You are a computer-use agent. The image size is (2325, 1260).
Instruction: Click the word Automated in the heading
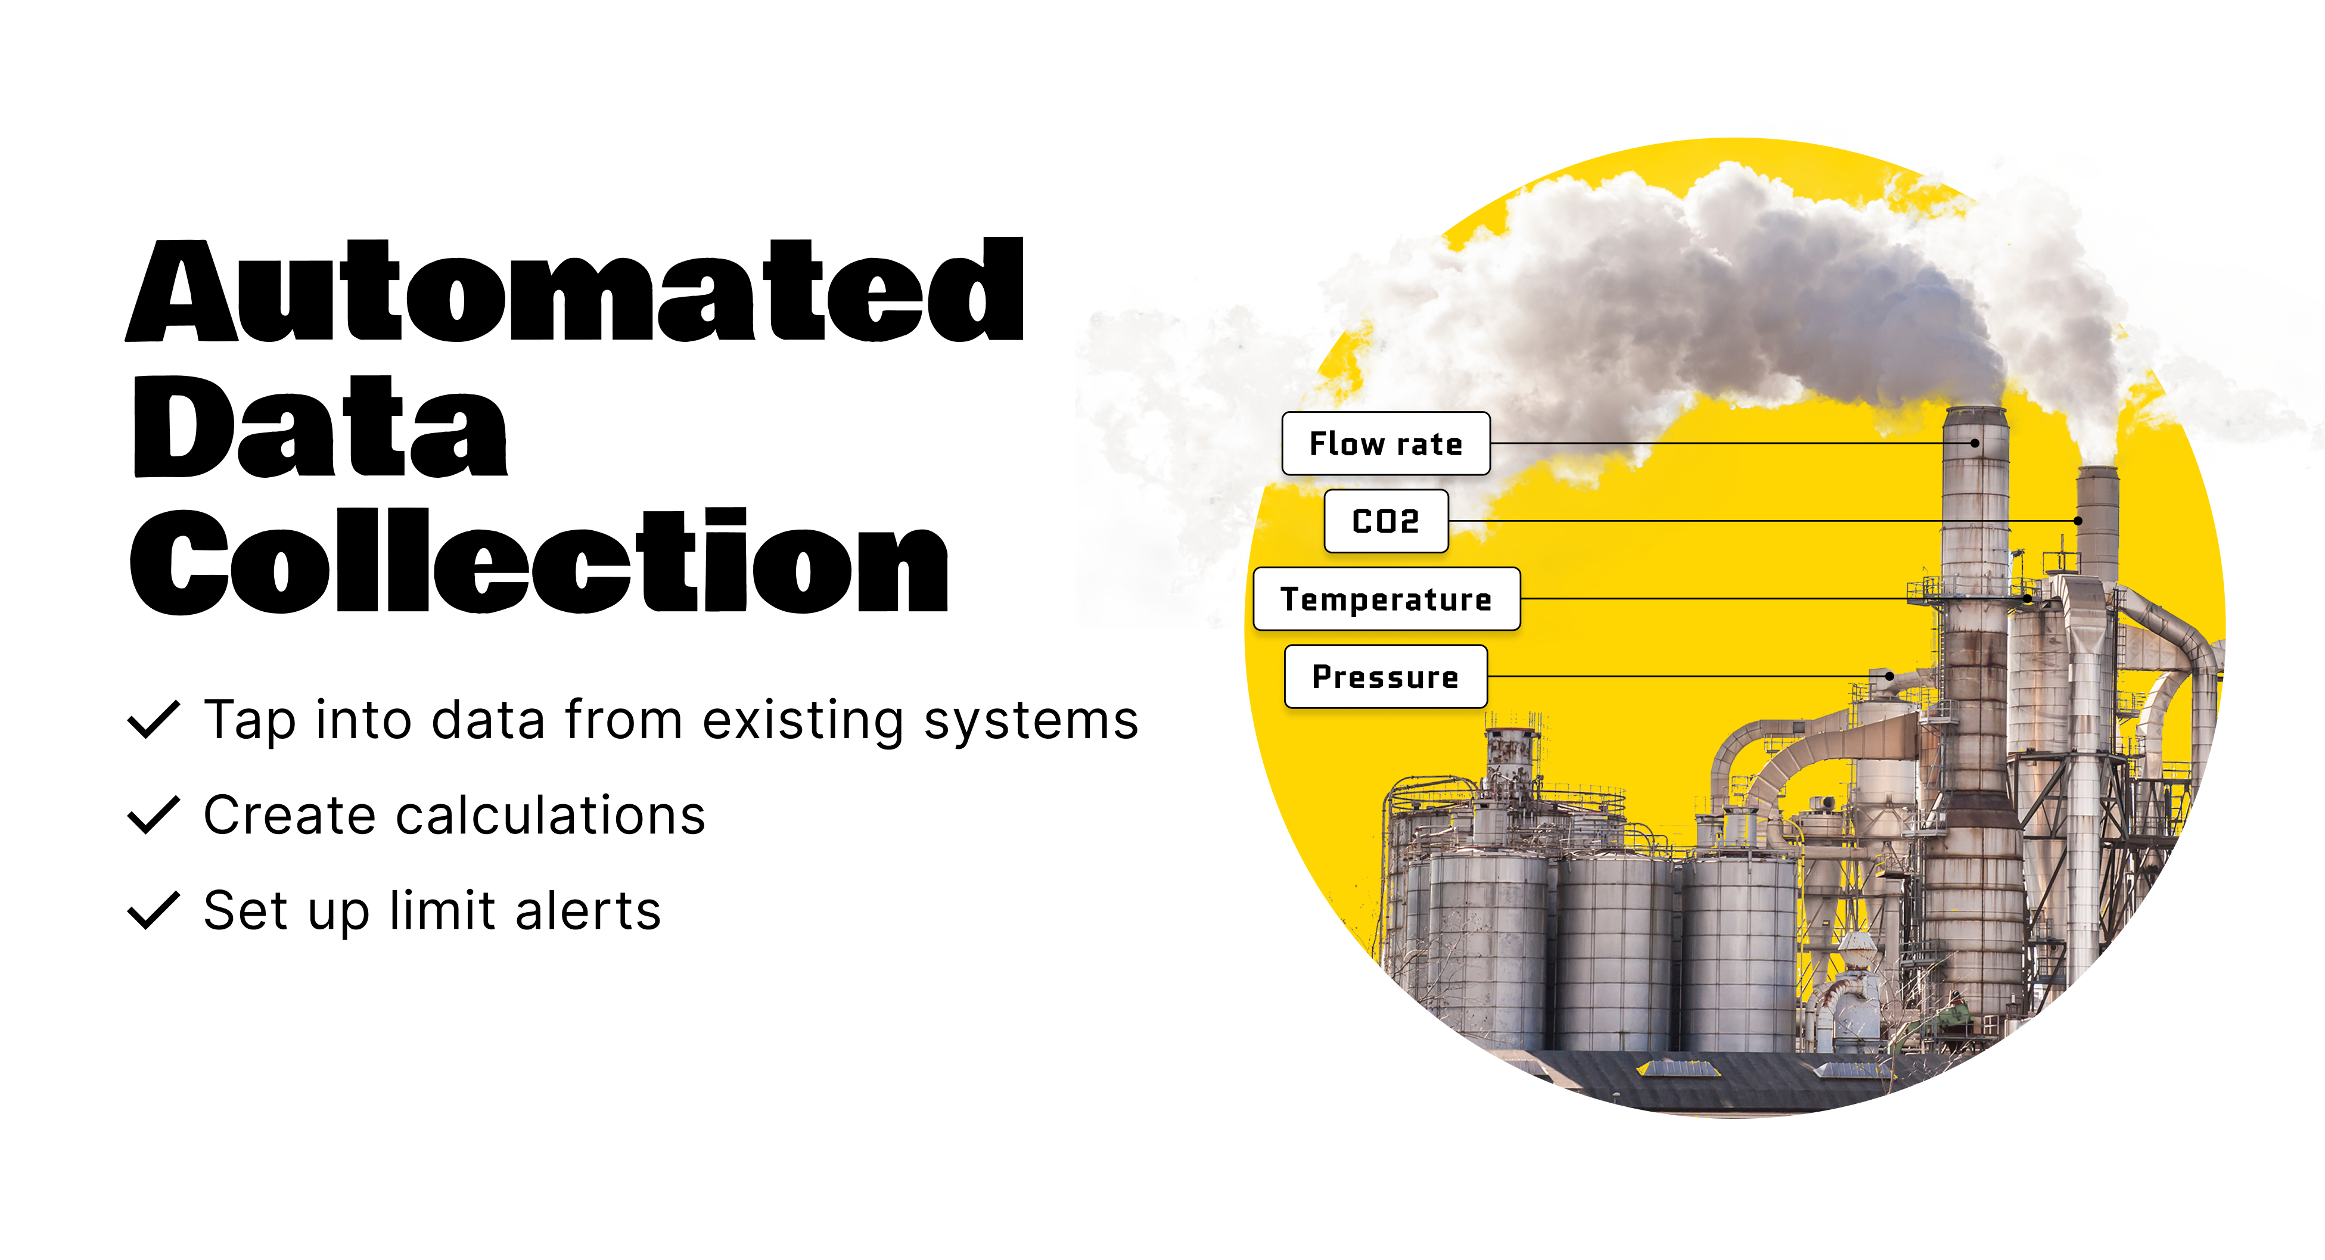(575, 291)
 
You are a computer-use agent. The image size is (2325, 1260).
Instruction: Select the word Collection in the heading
(539, 561)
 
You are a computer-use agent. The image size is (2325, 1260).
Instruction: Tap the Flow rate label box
(1385, 443)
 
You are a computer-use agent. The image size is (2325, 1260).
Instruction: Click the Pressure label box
(1385, 676)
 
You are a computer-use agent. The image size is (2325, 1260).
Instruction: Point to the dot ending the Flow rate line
(1975, 443)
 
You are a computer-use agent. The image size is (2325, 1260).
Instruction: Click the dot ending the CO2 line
(2078, 521)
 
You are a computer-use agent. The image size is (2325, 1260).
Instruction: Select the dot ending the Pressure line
(1889, 676)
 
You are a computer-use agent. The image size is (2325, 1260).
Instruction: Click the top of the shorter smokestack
(2097, 470)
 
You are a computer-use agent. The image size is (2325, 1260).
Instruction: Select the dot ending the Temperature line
(2027, 598)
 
